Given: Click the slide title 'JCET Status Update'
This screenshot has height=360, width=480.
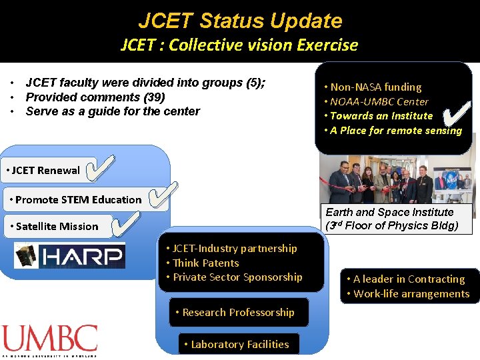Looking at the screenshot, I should point(239,20).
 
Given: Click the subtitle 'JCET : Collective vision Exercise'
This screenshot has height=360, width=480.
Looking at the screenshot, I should point(239,45).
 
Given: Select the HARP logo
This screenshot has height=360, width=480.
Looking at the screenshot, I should point(70,255).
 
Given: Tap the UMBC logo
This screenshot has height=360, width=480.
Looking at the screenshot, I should point(49,340).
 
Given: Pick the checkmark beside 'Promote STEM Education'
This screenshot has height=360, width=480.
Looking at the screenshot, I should point(162,196).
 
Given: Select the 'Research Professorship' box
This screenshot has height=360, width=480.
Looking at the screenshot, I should point(238,312).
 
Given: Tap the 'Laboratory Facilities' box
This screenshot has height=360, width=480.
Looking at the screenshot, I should point(239,344).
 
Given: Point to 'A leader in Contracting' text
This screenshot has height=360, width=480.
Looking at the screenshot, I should point(409,279).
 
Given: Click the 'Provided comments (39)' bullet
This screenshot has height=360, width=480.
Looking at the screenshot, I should point(95,97).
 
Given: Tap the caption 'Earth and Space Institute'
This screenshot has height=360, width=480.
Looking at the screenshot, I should point(389,212).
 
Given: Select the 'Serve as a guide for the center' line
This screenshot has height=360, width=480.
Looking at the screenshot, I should point(112,111).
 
